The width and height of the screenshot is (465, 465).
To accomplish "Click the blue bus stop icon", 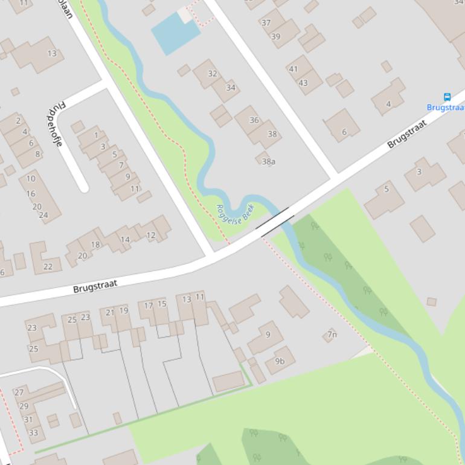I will point(447,97).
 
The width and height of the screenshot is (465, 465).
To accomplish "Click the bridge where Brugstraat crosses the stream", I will point(275,222).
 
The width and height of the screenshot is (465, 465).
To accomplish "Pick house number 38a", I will point(269,161).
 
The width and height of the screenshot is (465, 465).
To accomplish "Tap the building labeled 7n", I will point(332,335).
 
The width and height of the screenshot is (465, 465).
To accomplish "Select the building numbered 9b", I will point(280,361).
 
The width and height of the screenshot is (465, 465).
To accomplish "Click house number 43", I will point(303,83).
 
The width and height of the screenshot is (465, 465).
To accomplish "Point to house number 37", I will point(266,23).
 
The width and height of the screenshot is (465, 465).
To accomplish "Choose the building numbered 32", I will point(212,74).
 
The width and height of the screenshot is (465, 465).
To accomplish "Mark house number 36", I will point(254,120).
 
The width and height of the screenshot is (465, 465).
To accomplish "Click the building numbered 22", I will point(48,266).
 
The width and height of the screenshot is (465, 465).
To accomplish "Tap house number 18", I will point(95,245).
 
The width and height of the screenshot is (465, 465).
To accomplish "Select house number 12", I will point(151,235).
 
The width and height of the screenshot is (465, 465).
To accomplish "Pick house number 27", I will point(19,392).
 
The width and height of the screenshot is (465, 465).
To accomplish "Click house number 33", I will point(33,432).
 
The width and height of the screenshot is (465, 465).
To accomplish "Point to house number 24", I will point(43,214).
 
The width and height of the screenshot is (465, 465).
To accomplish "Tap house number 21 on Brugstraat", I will point(110,312).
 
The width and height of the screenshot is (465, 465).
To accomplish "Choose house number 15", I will point(162,304).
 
